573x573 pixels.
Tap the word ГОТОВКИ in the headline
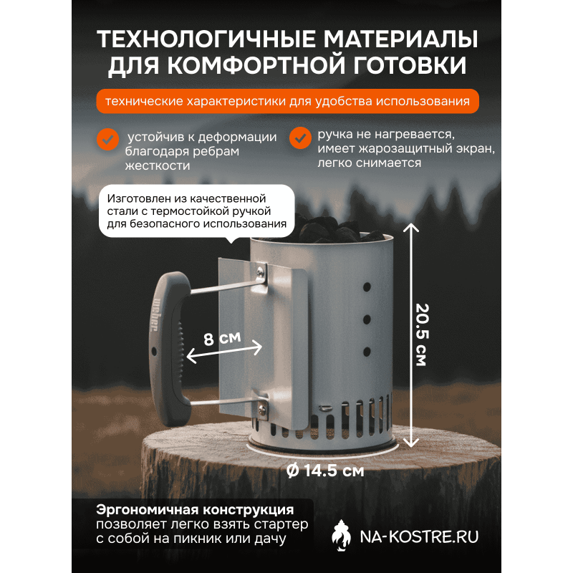click(410, 65)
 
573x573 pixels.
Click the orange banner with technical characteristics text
click(288, 101)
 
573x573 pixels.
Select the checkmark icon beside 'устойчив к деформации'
click(108, 139)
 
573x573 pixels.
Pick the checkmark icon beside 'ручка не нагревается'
click(300, 138)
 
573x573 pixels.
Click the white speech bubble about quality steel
click(196, 211)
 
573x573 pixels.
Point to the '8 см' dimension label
click(222, 339)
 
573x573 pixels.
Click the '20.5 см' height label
click(422, 334)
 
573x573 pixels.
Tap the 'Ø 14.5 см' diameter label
click(325, 471)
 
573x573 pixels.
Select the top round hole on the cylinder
click(367, 287)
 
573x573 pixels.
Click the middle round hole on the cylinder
click(367, 319)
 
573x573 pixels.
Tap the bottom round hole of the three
click(367, 352)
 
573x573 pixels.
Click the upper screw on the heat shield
click(260, 271)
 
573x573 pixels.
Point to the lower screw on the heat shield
click(262, 410)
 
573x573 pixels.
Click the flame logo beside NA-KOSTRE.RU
click(341, 536)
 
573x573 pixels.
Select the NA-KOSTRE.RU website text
click(419, 536)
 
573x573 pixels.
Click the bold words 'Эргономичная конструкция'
click(195, 509)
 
